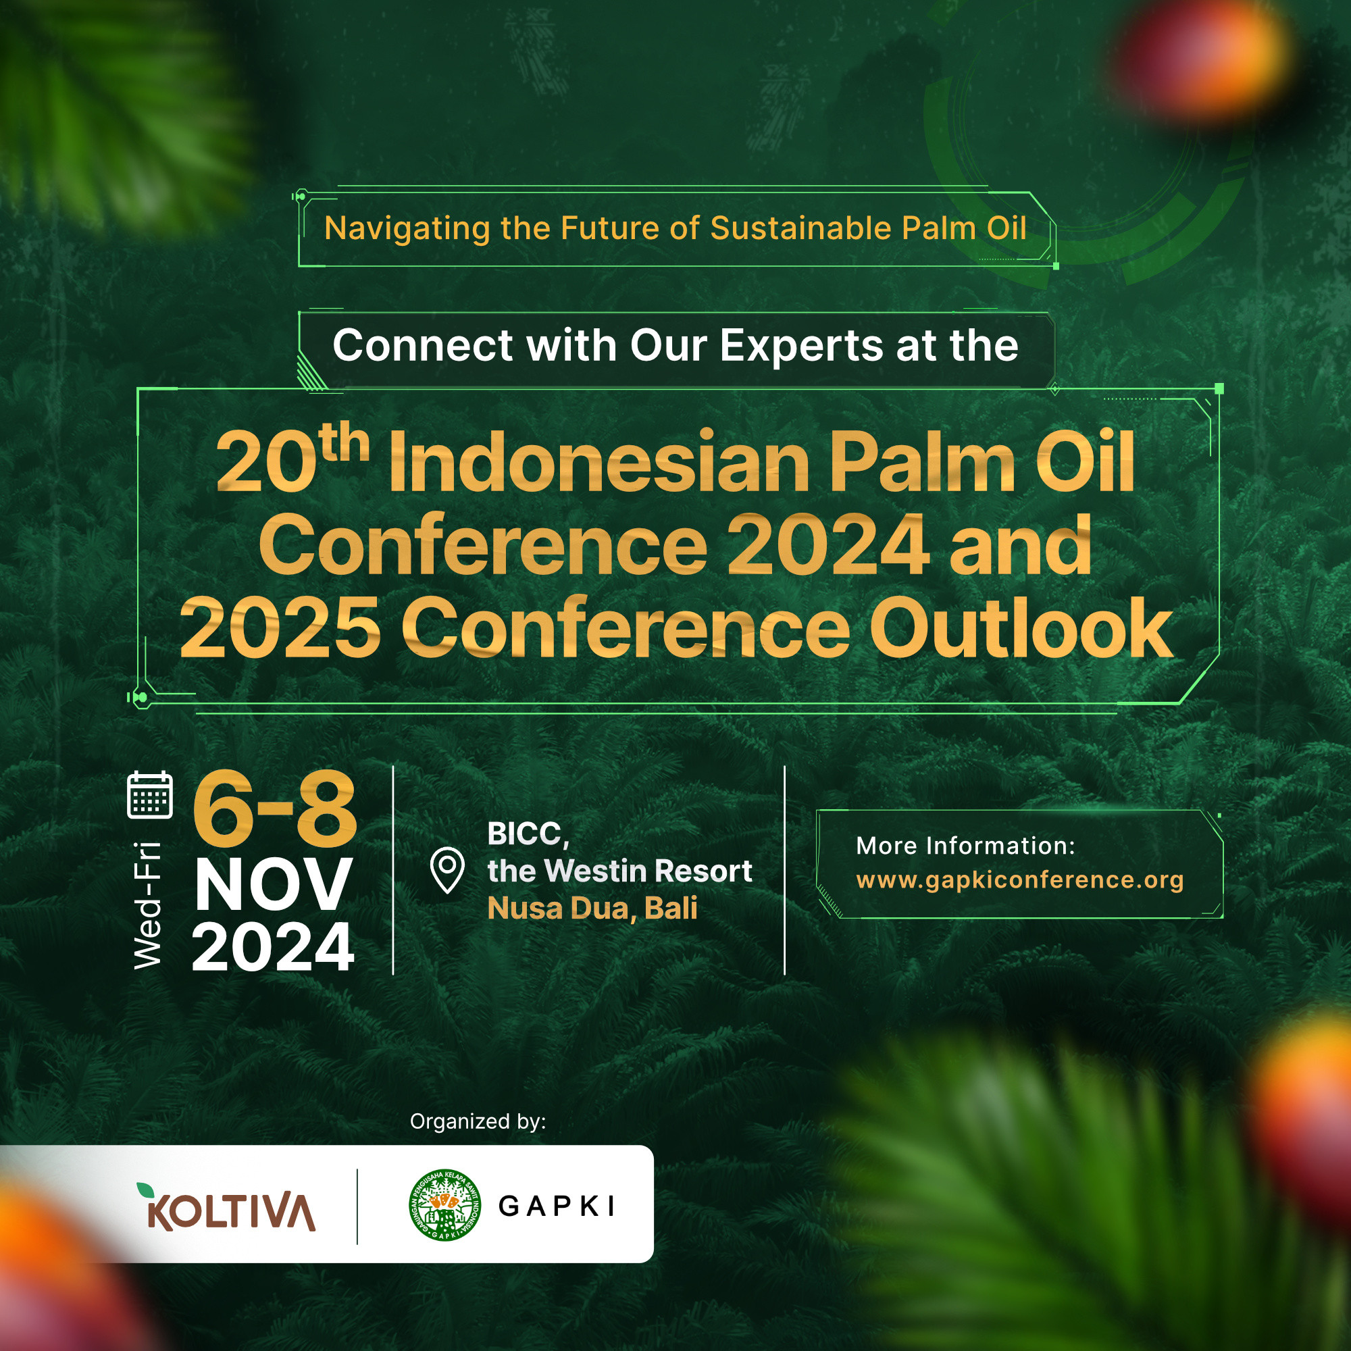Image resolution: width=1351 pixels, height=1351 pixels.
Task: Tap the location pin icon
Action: pyautogui.click(x=447, y=869)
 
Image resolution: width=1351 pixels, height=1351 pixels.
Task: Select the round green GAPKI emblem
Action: pyautogui.click(x=444, y=1205)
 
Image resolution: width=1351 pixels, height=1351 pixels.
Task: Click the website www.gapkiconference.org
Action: pyautogui.click(x=1019, y=880)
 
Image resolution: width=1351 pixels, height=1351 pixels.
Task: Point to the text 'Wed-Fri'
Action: pyautogui.click(x=147, y=905)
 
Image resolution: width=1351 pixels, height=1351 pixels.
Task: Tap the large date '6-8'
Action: pyautogui.click(x=275, y=811)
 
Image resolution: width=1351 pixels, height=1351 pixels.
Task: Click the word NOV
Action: pyautogui.click(x=273, y=885)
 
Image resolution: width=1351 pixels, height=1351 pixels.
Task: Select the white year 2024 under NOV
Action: pyautogui.click(x=273, y=948)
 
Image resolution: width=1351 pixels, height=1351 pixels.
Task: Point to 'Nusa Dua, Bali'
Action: pyautogui.click(x=592, y=909)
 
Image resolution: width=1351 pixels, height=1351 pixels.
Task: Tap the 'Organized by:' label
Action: pyautogui.click(x=478, y=1121)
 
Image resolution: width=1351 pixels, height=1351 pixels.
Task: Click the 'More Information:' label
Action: pyautogui.click(x=966, y=846)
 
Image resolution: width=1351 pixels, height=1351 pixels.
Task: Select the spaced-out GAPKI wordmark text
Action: pyautogui.click(x=557, y=1206)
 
